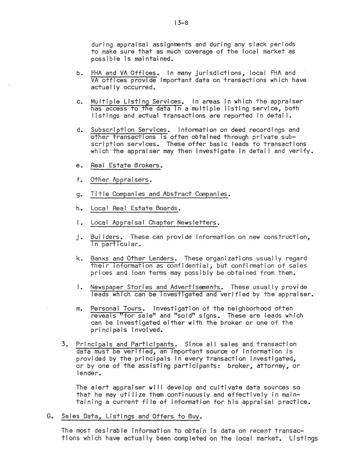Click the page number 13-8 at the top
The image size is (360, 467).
(x=181, y=23)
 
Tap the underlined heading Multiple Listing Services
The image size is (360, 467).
(x=137, y=102)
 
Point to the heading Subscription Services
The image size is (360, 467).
(x=129, y=130)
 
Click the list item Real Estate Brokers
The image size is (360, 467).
(x=126, y=166)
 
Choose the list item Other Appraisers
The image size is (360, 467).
(x=121, y=180)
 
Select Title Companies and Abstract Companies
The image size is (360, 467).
(x=160, y=194)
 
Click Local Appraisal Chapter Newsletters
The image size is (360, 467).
(x=155, y=223)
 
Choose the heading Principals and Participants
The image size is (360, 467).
(x=127, y=344)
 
